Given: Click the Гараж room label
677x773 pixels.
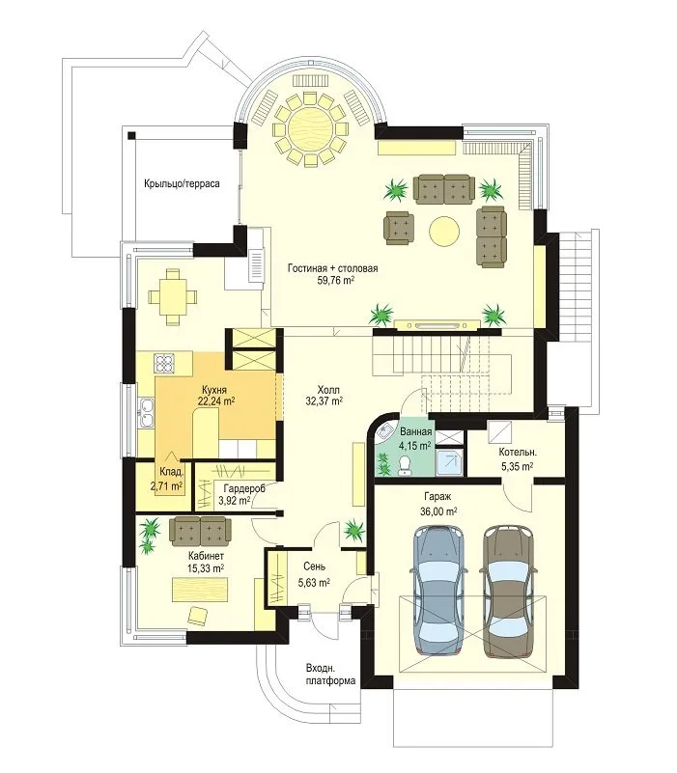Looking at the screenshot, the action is (x=437, y=496).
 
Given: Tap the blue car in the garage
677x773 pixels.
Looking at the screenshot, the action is (x=438, y=591).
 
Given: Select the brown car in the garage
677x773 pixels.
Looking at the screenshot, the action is (x=508, y=592).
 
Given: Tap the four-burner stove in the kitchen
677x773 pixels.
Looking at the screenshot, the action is (x=165, y=364).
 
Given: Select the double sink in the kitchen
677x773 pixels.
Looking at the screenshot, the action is (x=146, y=413).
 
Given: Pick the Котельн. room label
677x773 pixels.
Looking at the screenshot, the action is (x=518, y=452).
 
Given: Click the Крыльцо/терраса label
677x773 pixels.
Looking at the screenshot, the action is (x=183, y=184).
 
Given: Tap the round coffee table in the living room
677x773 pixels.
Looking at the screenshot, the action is (x=444, y=231).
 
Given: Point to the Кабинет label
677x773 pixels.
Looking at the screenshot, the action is (x=206, y=557).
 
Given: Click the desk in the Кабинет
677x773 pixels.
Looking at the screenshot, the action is (x=200, y=590).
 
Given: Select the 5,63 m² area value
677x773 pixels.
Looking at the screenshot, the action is (x=314, y=583).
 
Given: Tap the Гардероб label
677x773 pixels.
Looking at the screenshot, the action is (x=244, y=488).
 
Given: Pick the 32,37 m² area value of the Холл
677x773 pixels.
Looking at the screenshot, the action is (x=324, y=401).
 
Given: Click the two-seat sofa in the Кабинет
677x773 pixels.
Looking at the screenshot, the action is (x=200, y=532).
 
